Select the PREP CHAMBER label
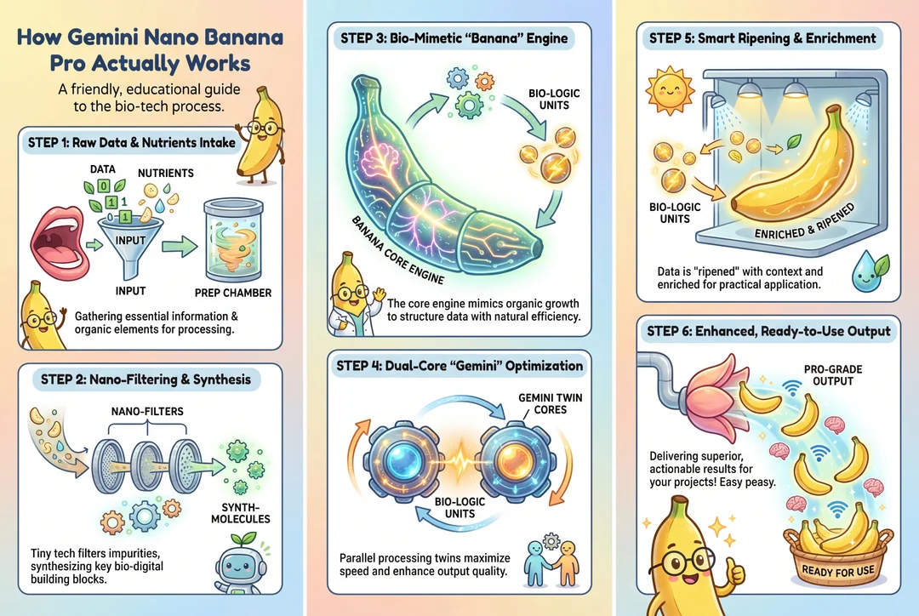tap(232, 293)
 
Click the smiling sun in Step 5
tap(670, 91)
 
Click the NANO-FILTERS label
tap(147, 412)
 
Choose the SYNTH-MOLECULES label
tap(240, 513)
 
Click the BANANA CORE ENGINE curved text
tap(397, 250)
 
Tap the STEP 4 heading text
tap(459, 367)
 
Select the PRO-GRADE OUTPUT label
tap(833, 375)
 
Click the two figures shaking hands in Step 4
tap(551, 562)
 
